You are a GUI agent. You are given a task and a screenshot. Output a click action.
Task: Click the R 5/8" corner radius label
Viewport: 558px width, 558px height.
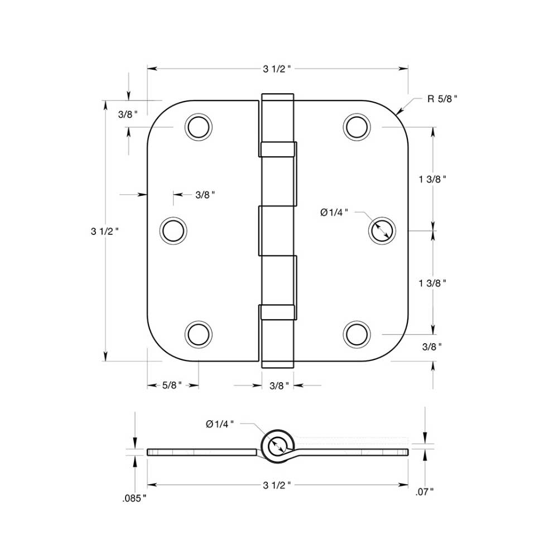pos(442,99)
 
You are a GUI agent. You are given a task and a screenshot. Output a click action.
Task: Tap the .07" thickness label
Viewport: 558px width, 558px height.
pos(425,492)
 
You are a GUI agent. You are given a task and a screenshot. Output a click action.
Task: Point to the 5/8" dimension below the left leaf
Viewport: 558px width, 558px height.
pos(172,386)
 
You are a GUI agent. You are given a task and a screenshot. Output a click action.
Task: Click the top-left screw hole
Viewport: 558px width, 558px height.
pos(199,127)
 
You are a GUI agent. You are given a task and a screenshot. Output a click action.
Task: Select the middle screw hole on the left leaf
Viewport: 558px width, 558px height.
pos(173,230)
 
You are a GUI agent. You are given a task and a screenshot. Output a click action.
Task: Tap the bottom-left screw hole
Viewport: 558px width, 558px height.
pos(199,334)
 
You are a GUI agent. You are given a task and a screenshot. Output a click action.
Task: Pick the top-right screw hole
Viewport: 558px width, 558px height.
pos(357,127)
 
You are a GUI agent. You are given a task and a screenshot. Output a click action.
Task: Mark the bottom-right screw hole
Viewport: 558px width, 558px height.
pos(357,334)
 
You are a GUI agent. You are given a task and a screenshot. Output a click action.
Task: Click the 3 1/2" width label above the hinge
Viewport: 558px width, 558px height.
pos(277,69)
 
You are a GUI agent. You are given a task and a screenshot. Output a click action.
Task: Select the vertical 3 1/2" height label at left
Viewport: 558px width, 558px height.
pos(105,230)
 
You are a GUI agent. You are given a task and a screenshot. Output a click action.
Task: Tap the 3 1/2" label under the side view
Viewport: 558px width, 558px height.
pos(277,485)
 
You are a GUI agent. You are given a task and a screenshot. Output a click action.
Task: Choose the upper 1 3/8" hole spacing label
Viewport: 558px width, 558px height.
pos(433,179)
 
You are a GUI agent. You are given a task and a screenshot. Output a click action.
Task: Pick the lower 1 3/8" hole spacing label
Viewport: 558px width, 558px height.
pos(433,283)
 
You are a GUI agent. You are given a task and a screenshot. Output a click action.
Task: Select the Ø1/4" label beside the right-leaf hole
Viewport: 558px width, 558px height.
pos(334,212)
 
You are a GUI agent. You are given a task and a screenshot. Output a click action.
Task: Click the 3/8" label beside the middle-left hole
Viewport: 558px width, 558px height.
pos(205,195)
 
